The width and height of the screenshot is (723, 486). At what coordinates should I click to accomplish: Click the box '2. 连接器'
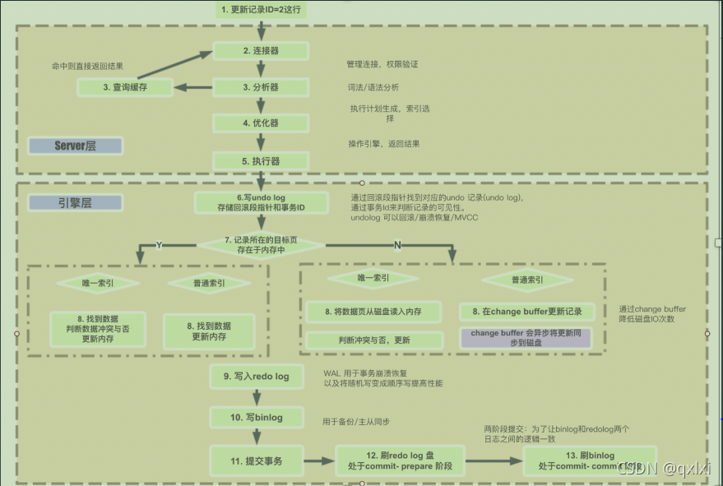click(x=260, y=50)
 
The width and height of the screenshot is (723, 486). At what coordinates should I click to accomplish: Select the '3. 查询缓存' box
click(x=124, y=86)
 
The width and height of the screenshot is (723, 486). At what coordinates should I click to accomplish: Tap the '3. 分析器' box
click(x=260, y=86)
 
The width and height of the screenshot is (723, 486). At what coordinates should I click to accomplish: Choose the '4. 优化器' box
click(x=260, y=123)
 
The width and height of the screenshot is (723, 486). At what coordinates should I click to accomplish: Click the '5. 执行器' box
click(x=260, y=161)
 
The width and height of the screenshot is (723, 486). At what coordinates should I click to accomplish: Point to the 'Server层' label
click(x=75, y=146)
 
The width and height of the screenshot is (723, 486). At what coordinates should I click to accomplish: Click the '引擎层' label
click(x=75, y=201)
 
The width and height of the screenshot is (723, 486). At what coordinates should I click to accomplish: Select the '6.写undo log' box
click(x=260, y=202)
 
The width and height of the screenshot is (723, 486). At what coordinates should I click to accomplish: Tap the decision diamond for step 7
click(x=260, y=244)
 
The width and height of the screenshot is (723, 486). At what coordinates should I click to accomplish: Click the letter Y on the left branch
click(x=160, y=243)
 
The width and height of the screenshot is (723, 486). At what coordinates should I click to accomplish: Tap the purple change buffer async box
click(x=526, y=338)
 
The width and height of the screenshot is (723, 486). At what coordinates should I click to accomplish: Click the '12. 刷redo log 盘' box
click(x=400, y=461)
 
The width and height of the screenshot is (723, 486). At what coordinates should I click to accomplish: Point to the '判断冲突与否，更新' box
click(x=370, y=340)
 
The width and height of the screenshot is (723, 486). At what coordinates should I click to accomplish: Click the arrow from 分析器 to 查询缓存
click(x=193, y=87)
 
